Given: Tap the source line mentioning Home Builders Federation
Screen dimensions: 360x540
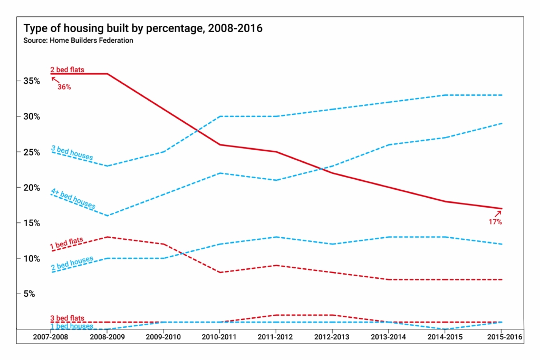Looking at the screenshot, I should [78, 41].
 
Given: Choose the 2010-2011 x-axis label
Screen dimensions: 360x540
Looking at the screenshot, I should [219, 336].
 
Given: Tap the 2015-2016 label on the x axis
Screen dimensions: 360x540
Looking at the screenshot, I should [502, 336].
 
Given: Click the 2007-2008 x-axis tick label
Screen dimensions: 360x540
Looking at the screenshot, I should [51, 336].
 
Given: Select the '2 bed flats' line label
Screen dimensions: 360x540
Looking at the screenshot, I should [67, 70].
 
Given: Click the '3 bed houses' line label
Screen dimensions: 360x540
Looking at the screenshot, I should [72, 153].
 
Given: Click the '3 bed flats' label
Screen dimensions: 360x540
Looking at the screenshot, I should [67, 318].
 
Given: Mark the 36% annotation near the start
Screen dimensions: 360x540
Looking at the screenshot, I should [63, 86].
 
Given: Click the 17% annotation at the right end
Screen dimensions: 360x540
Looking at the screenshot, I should [495, 222].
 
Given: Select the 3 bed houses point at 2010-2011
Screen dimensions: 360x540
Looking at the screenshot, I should [219, 116].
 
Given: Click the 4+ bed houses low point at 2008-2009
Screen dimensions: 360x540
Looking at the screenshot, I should [108, 216].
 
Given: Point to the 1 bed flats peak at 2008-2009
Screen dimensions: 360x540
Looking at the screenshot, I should [108, 237].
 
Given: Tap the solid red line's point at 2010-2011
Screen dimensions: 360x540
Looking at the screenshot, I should [219, 144].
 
